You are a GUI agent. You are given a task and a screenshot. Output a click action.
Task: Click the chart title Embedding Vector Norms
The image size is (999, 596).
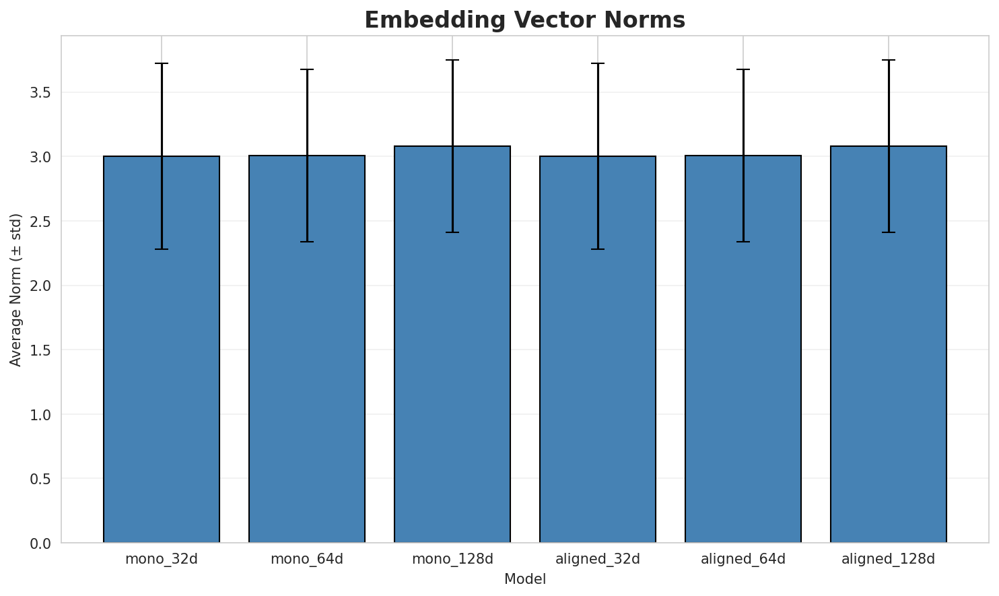(x=524, y=20)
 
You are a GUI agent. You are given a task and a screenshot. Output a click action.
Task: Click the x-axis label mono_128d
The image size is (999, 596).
(x=452, y=559)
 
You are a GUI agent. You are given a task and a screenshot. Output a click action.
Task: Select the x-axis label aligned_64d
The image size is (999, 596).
(x=743, y=559)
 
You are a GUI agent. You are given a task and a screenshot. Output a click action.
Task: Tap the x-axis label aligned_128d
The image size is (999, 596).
(x=889, y=559)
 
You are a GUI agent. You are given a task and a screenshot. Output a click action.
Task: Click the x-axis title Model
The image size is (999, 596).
(x=524, y=579)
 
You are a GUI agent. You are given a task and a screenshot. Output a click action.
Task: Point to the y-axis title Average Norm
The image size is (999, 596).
(x=16, y=290)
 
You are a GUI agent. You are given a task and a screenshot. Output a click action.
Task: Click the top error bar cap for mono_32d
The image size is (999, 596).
(x=162, y=63)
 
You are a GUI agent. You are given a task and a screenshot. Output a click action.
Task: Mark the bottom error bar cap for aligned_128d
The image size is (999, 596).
(x=889, y=232)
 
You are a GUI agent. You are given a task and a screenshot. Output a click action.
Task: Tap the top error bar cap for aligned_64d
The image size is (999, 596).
(x=743, y=69)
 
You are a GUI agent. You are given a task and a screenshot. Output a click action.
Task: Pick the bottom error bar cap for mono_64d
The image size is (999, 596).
(x=307, y=242)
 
